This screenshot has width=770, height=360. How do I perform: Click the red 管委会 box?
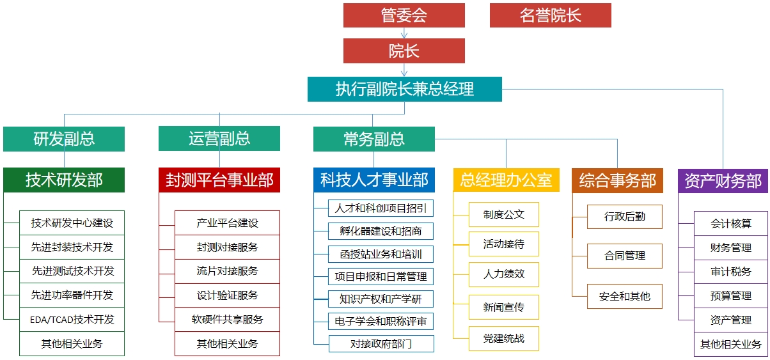[x=404, y=15]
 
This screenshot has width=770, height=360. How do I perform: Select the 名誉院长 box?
[x=551, y=15]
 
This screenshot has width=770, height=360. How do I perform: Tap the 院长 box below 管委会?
[x=404, y=51]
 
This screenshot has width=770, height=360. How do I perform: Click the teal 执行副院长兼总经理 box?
[x=405, y=89]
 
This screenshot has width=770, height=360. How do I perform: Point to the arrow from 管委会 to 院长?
[x=404, y=33]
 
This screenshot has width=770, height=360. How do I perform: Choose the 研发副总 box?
[x=64, y=139]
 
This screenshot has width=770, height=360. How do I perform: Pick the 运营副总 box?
[x=219, y=139]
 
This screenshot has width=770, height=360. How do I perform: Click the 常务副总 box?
[x=374, y=139]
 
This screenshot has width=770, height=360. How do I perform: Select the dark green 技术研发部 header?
[x=64, y=180]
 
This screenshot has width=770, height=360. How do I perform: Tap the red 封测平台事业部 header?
[x=219, y=180]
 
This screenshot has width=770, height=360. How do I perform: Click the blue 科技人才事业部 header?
[x=374, y=180]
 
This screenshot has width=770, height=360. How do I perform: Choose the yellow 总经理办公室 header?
[x=507, y=180]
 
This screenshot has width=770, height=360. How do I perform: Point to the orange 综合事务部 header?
[x=617, y=180]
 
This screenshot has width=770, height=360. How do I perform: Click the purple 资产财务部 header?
[x=723, y=181]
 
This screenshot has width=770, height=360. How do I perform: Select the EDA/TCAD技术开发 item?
[x=72, y=320]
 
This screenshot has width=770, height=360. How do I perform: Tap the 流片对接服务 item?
[x=227, y=271]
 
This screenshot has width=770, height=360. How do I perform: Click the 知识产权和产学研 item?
[x=381, y=299]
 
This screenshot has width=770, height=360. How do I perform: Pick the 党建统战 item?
[x=503, y=338]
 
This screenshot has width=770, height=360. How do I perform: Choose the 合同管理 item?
[x=625, y=256]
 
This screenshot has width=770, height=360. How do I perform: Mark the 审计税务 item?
[x=731, y=272]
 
